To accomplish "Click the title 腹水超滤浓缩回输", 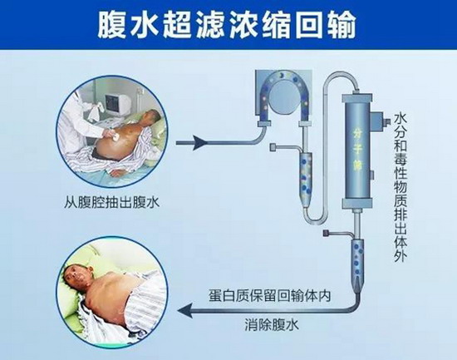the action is point(227,24).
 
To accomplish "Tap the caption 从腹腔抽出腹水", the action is point(112,202).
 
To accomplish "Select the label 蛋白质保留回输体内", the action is point(270,295).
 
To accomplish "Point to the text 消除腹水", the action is point(272,325).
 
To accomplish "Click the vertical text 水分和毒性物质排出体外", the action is point(400,188).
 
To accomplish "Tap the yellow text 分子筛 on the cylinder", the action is point(357,150).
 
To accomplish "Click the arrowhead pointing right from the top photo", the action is point(200,143).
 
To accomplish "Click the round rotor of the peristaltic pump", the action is point(283,97).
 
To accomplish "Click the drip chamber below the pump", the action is point(306,178).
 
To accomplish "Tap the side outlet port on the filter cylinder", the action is point(381,121).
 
